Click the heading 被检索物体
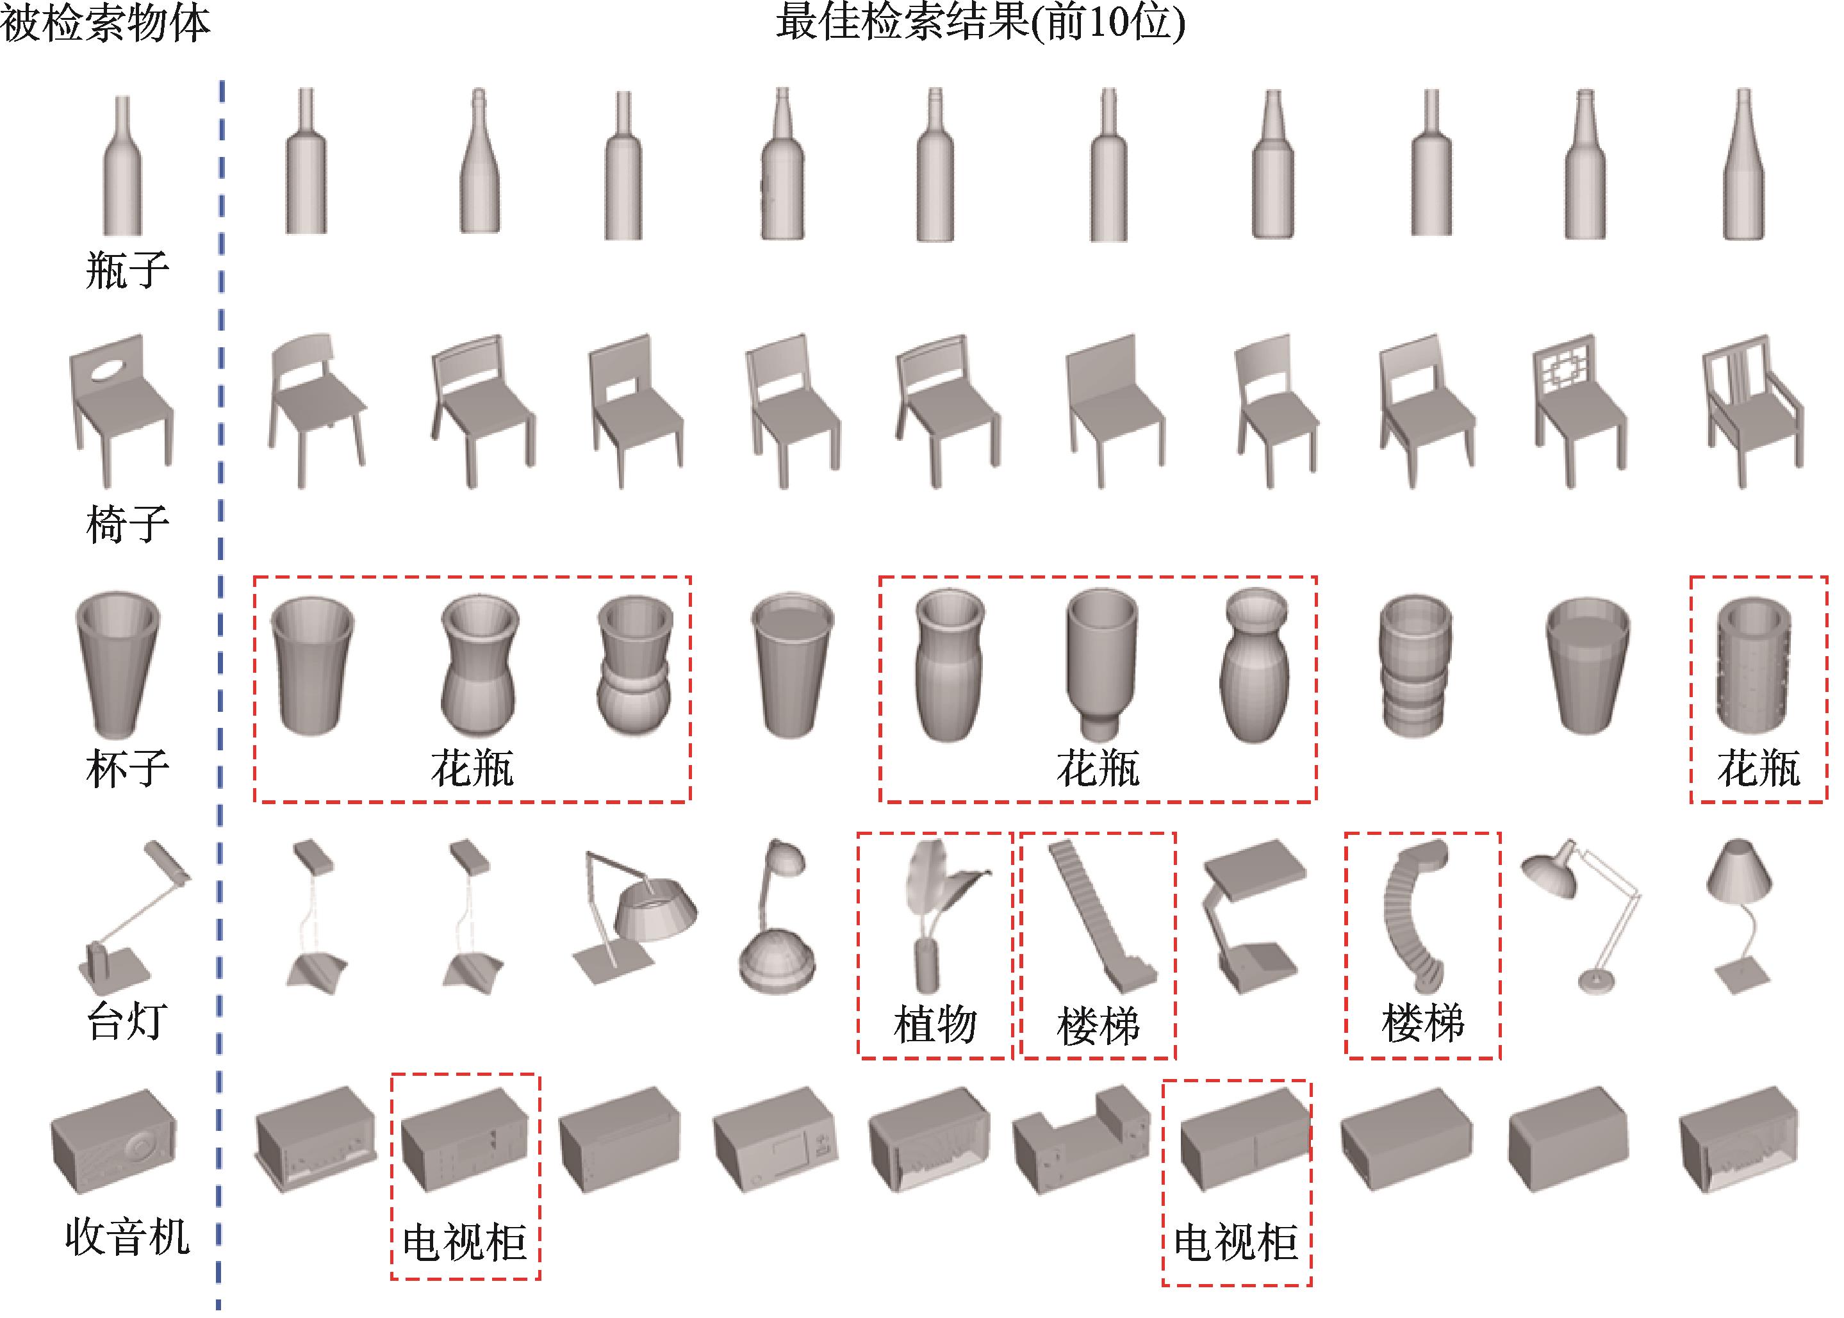(x=106, y=22)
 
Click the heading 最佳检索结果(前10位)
(x=980, y=22)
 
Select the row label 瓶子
(x=128, y=270)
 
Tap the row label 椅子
(x=128, y=523)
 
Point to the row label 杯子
(x=128, y=768)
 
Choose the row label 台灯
(x=128, y=1021)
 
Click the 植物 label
(x=935, y=1024)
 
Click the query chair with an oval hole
(x=122, y=402)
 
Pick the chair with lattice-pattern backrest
(x=1579, y=410)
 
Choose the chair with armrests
(x=1753, y=410)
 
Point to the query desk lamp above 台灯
(x=134, y=917)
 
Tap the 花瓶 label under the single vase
(x=1759, y=768)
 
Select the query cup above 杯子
(x=118, y=666)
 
